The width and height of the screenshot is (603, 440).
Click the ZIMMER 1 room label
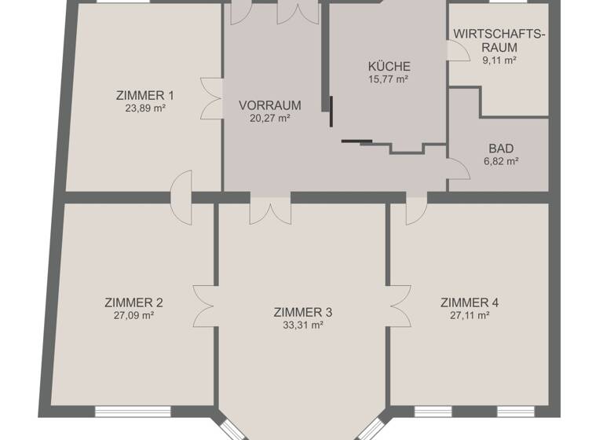click(x=144, y=96)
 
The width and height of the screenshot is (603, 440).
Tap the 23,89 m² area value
click(x=144, y=108)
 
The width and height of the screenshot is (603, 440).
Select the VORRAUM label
click(x=270, y=104)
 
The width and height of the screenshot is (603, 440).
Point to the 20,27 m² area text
click(x=270, y=117)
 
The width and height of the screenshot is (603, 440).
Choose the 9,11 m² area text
click(x=499, y=60)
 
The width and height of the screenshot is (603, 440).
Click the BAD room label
click(x=502, y=148)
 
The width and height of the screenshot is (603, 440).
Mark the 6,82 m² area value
click(x=502, y=160)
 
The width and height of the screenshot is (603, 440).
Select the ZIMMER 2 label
click(x=133, y=302)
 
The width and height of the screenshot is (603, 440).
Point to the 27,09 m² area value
click(x=133, y=315)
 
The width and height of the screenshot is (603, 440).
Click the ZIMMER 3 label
click(x=303, y=311)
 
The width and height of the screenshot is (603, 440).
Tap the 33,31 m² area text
click(x=303, y=324)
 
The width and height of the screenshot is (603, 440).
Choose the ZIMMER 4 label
click(x=470, y=302)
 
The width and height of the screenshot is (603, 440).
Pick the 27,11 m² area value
click(x=470, y=315)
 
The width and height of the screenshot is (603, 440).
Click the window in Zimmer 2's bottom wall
click(x=133, y=411)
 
